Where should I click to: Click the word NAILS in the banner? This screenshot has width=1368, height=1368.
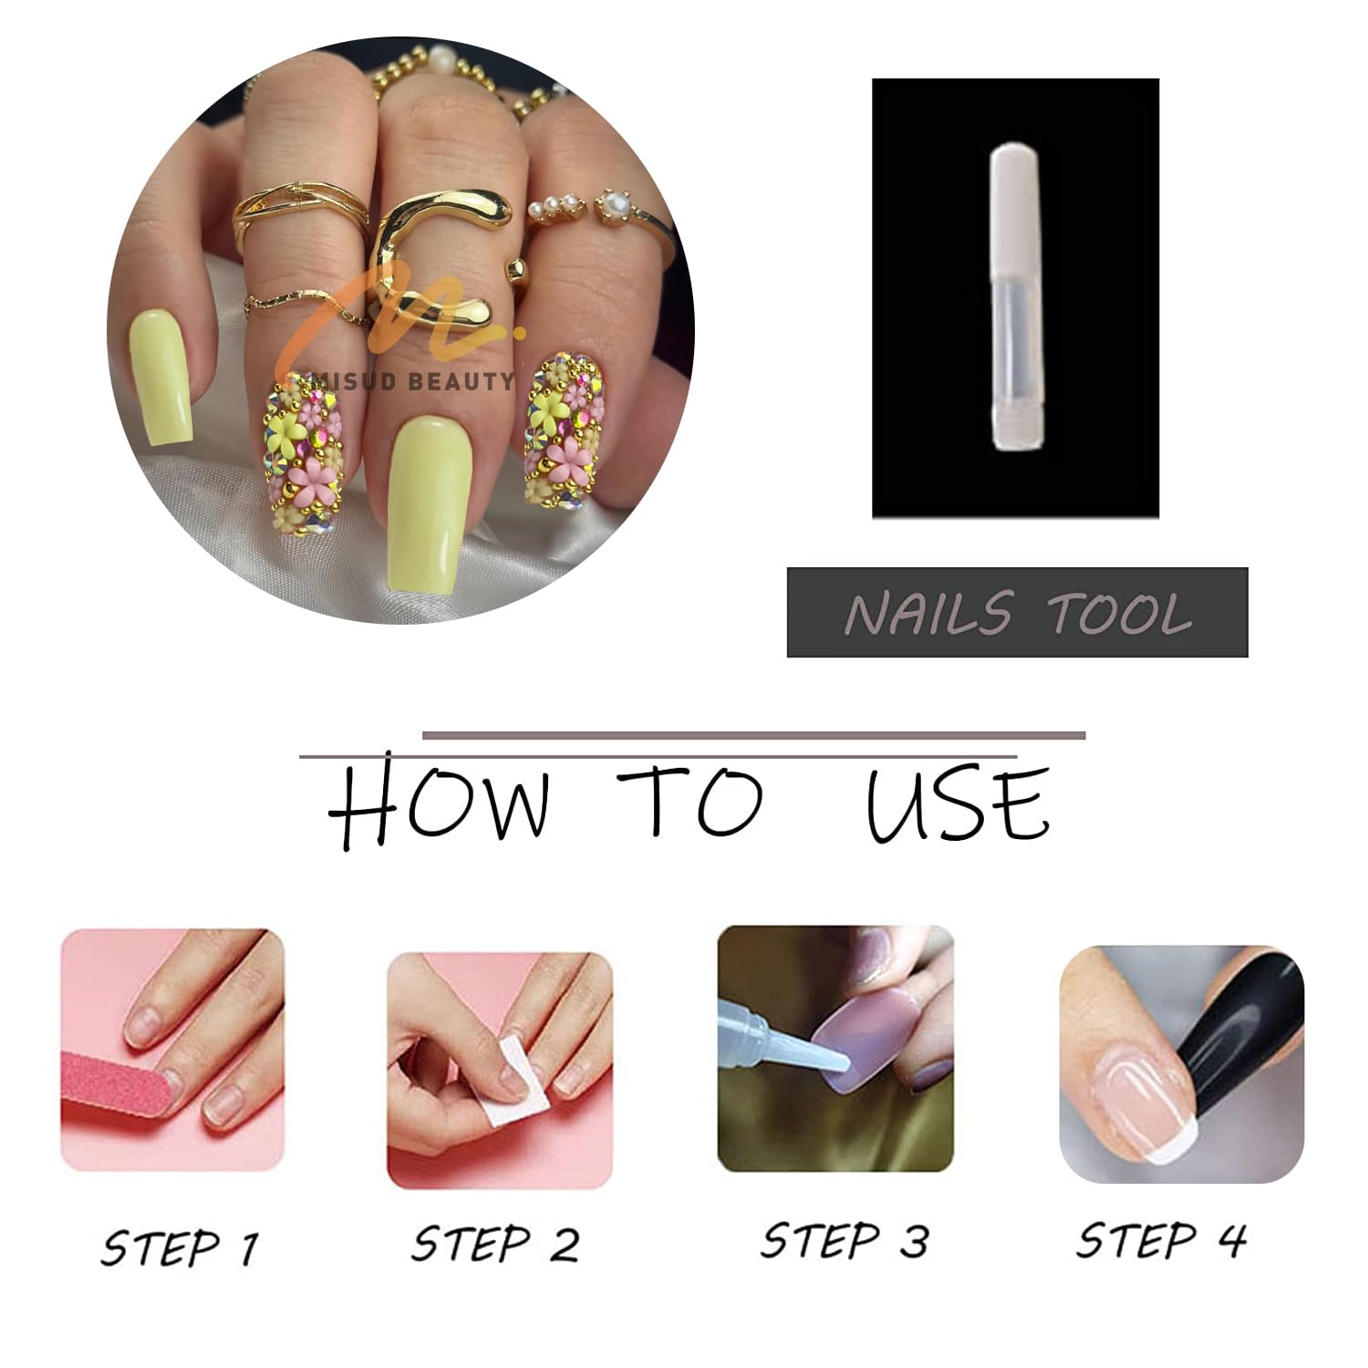click(x=928, y=613)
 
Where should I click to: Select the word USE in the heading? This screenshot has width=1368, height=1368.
click(x=958, y=802)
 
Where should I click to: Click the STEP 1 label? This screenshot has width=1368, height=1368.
click(x=180, y=1248)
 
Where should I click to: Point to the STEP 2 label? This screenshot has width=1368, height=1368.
click(x=495, y=1244)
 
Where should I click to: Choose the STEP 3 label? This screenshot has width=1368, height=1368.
click(x=845, y=1241)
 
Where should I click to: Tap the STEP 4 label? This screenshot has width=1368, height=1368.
click(x=1161, y=1240)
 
